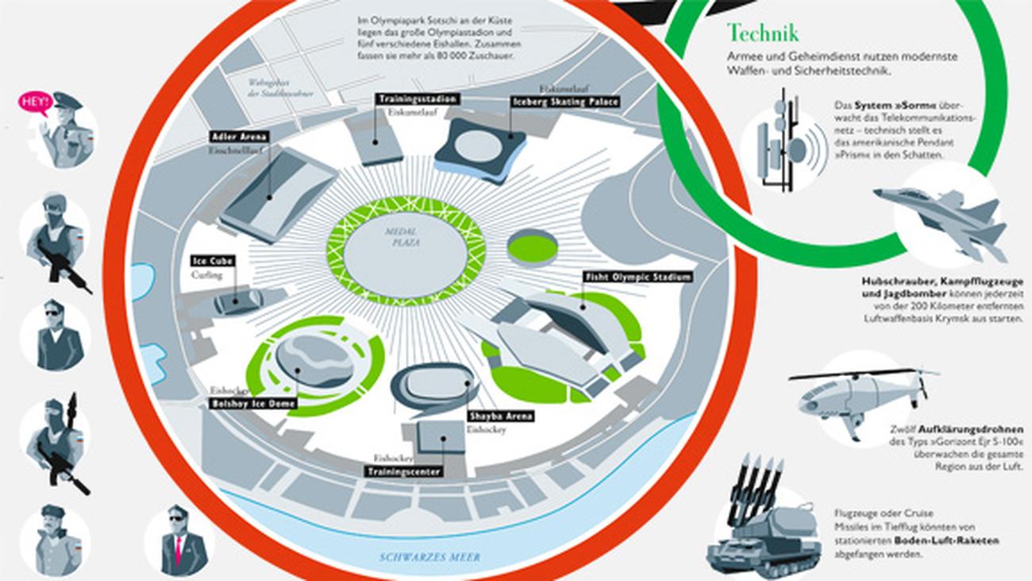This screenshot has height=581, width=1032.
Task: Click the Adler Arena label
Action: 240,137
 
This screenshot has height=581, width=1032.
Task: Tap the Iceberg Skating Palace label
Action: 565,102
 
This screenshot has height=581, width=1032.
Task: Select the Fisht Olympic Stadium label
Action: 637,277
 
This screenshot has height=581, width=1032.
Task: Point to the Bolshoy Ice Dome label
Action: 253,404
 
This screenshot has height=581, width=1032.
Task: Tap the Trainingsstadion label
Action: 418,99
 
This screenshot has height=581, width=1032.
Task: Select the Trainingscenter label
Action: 403,471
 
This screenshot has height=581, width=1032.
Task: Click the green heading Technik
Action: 762,33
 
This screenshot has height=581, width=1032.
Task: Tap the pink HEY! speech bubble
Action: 35,102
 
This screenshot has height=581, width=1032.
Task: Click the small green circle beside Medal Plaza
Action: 533,247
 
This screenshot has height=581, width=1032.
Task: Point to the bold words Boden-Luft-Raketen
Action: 946,540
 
